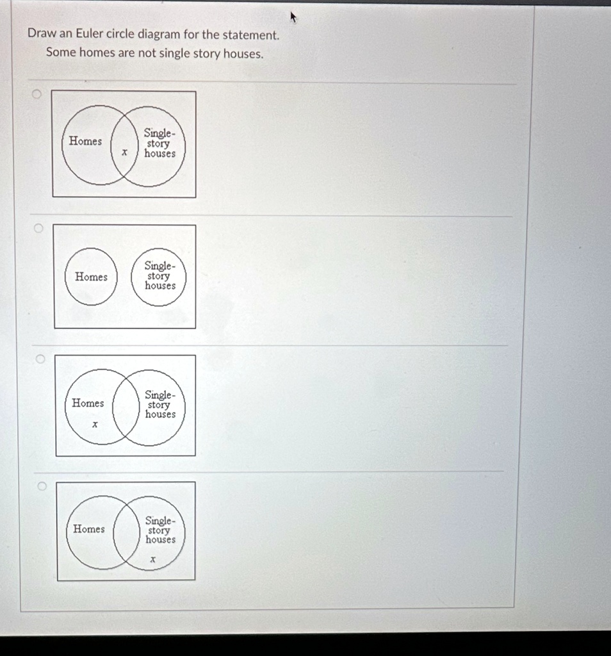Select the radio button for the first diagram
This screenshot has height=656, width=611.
click(37, 95)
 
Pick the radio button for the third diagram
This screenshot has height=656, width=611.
click(40, 359)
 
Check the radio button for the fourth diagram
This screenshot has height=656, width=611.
click(41, 487)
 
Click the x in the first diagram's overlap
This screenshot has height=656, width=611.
click(125, 152)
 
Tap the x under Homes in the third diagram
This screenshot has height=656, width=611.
click(95, 424)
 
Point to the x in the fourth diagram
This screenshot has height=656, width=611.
click(152, 560)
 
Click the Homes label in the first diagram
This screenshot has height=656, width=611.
click(85, 141)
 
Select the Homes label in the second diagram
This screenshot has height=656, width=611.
click(91, 277)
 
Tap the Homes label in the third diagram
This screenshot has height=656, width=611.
click(88, 403)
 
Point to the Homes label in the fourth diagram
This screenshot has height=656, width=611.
click(88, 529)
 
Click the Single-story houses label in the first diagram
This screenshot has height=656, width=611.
click(159, 143)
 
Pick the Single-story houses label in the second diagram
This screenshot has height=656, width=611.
click(159, 275)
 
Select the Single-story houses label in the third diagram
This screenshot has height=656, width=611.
click(159, 405)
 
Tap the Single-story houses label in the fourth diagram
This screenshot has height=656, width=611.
click(159, 530)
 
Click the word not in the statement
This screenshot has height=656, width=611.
click(147, 53)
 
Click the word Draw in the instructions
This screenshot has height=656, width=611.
click(40, 34)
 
